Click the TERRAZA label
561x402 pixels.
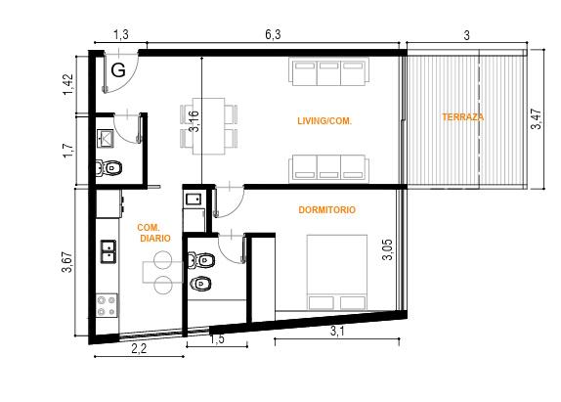click(462, 117)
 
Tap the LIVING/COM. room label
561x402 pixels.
click(324, 121)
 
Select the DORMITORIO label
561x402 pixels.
click(327, 209)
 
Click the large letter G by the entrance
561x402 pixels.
click(118, 69)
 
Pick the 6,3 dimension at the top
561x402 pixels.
click(273, 35)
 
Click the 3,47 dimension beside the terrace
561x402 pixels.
click(536, 119)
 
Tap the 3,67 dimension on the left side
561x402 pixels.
click(67, 262)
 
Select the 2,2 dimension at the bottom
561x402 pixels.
click(139, 348)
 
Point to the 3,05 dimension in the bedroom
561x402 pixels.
click(387, 249)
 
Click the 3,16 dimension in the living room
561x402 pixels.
click(194, 121)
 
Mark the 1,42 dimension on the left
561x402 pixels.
click(68, 84)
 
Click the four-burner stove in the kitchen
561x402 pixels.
click(107, 305)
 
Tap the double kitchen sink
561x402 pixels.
click(108, 251)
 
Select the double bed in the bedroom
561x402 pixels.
click(336, 272)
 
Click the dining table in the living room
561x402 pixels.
click(209, 126)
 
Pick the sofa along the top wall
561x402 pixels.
click(329, 72)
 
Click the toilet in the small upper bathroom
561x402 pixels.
click(109, 167)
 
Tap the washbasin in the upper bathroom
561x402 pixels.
click(106, 139)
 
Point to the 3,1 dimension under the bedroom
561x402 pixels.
click(337, 332)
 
